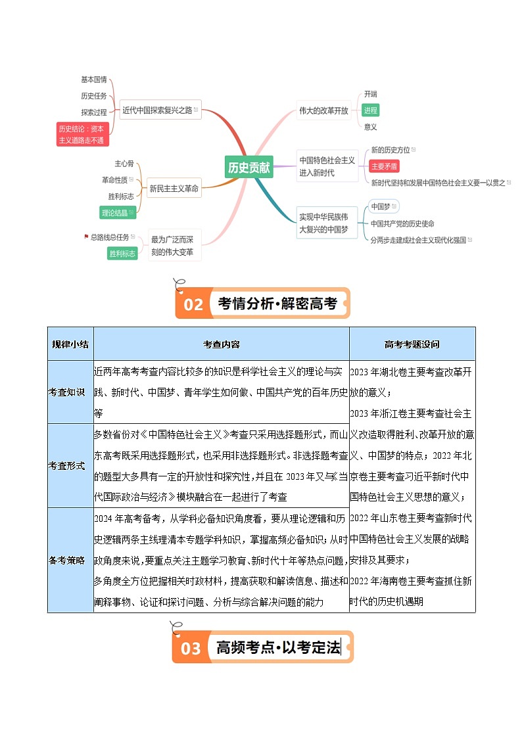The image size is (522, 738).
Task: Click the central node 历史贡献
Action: (x=249, y=168)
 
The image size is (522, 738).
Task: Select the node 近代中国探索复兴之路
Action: (x=158, y=110)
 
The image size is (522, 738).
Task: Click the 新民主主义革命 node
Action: (x=174, y=189)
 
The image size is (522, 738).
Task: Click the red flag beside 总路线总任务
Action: (x=86, y=237)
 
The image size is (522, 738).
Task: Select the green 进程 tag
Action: (x=371, y=110)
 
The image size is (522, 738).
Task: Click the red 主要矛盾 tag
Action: (x=384, y=166)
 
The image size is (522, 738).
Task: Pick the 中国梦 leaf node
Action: (x=381, y=206)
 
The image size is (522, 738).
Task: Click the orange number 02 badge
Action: (x=193, y=304)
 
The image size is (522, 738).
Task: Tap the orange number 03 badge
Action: (x=191, y=649)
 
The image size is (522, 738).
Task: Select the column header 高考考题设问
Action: (x=412, y=344)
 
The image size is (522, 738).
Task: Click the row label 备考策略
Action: (x=66, y=560)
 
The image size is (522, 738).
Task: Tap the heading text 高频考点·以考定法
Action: (x=278, y=647)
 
